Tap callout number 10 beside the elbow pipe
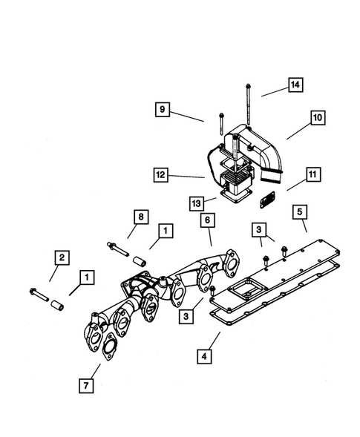[316, 117]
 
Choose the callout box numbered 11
[312, 176]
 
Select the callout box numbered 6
[208, 221]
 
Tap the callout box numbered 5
[301, 213]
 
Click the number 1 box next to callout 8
[165, 231]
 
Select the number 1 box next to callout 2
[88, 278]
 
